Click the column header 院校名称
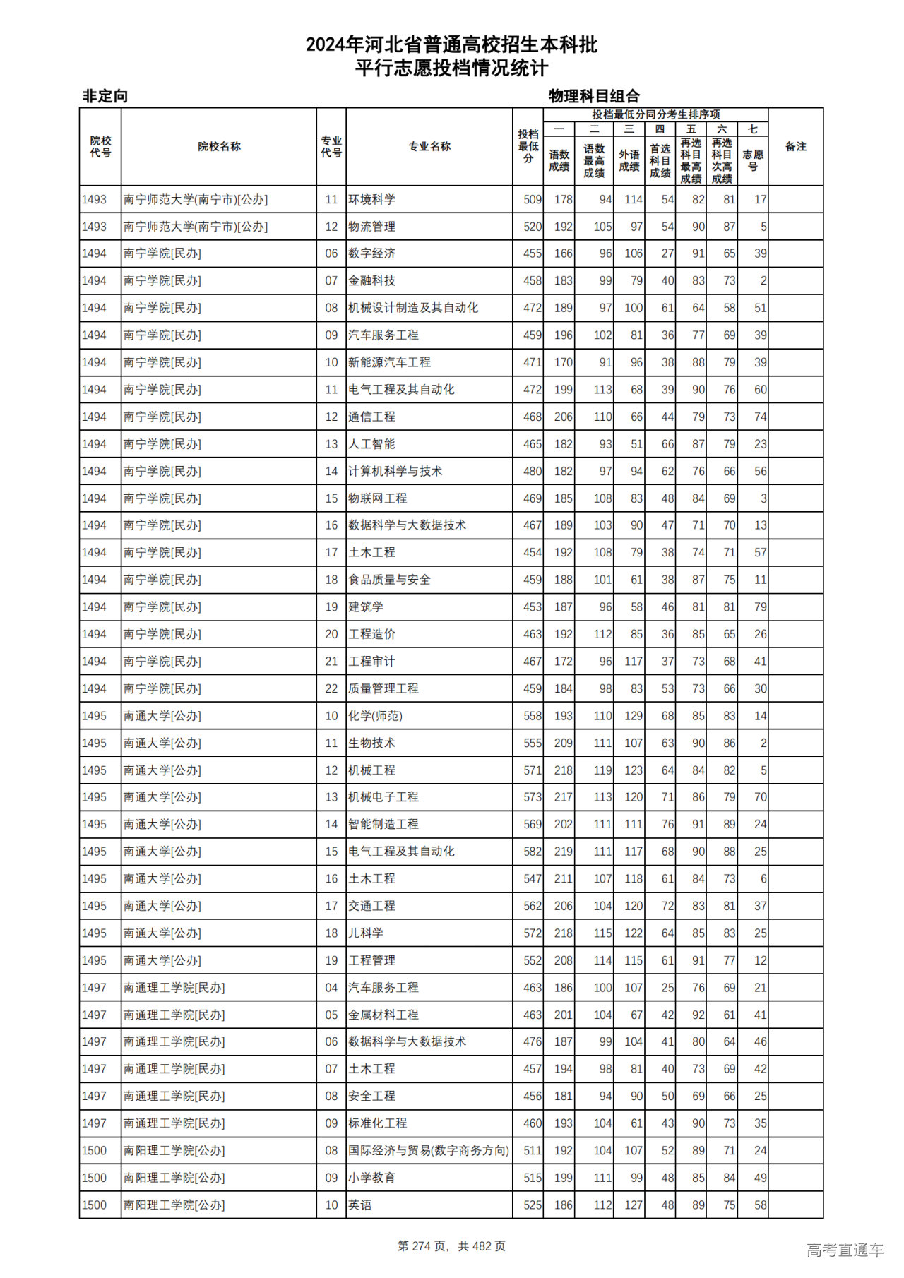coord(219,147)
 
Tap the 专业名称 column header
coord(429,147)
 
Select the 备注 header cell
coord(795,147)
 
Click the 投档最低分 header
coord(528,147)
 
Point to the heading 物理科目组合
coord(594,96)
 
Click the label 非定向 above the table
coord(105,96)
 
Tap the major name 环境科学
coord(371,200)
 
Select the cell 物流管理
coord(371,227)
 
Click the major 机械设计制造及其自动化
coord(413,308)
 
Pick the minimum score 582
coord(533,852)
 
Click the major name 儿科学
coord(366,933)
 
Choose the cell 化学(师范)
coord(375,716)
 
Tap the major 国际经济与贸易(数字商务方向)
coord(428,1150)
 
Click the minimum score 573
coord(533,797)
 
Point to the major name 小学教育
coord(371,1178)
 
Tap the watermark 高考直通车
coord(845,1250)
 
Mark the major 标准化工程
coord(377,1123)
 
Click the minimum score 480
coord(533,471)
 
